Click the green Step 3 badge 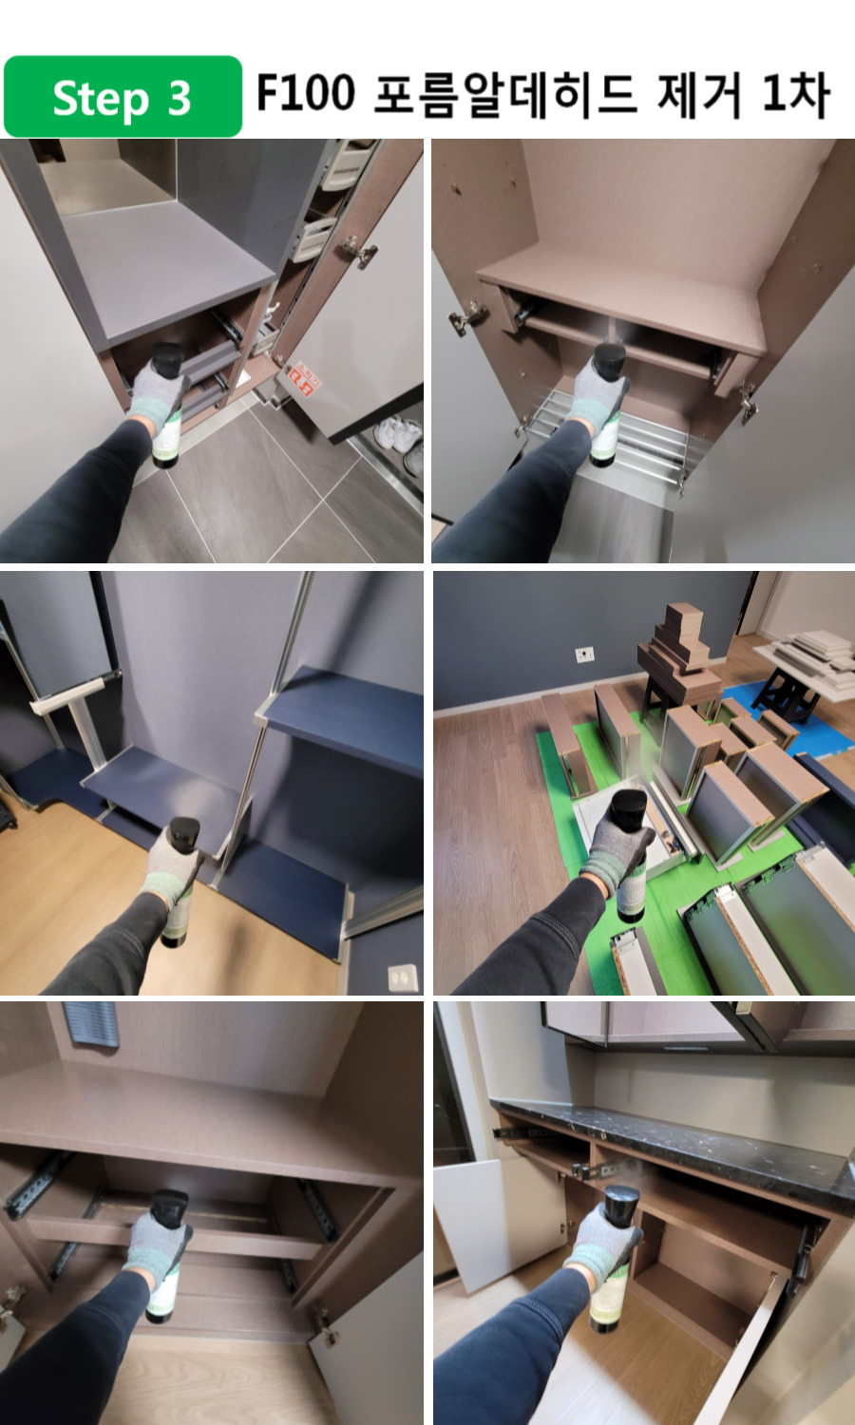tap(123, 97)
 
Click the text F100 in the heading tap(305, 93)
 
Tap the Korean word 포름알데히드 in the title tap(505, 95)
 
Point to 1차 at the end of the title tap(795, 95)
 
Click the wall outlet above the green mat tap(584, 654)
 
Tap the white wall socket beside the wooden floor tap(404, 978)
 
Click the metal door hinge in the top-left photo tap(357, 251)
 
